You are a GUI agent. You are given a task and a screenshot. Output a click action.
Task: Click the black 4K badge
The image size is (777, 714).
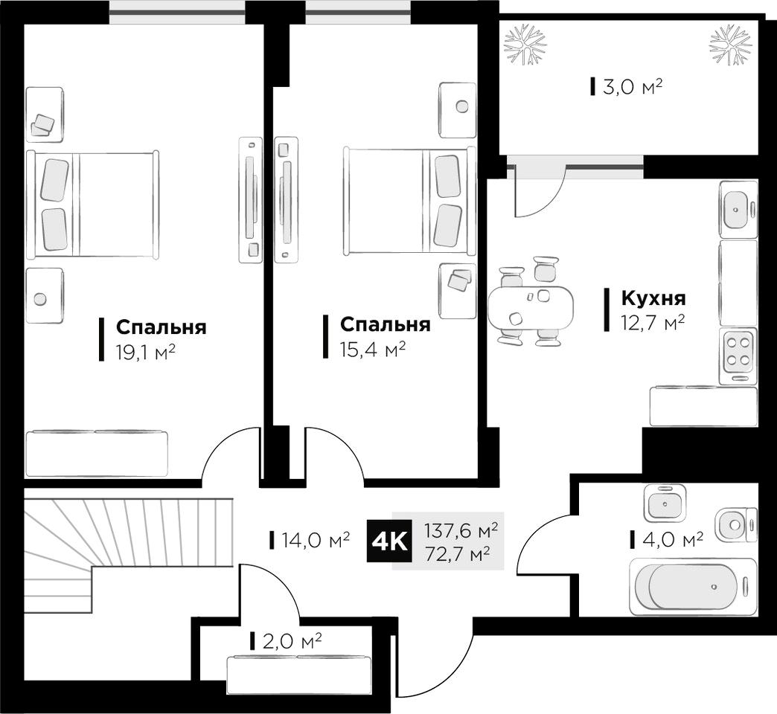pyautogui.click(x=389, y=542)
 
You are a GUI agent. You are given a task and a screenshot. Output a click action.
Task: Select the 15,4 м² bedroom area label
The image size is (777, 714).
pyautogui.click(x=373, y=350)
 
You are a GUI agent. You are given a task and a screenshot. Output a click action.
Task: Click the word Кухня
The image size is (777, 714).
pyautogui.click(x=653, y=298)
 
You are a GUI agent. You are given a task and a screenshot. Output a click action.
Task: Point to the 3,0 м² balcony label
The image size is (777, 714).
pyautogui.click(x=633, y=87)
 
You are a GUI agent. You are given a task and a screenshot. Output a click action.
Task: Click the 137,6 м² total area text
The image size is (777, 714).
pyautogui.click(x=461, y=531)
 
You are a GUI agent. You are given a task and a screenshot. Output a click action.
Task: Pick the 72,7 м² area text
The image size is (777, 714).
pyautogui.click(x=458, y=553)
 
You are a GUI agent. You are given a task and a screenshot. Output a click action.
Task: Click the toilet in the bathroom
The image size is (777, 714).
pyautogui.click(x=735, y=525)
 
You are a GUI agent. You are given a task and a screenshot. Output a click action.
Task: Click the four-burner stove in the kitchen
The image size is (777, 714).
pyautogui.click(x=738, y=356)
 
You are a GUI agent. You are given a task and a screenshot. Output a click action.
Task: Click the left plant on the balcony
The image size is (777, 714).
pyautogui.click(x=525, y=44)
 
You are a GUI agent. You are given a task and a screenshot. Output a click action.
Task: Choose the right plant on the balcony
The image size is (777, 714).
pyautogui.click(x=730, y=45)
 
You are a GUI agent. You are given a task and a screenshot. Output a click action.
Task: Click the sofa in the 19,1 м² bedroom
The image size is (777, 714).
pyautogui.click(x=97, y=454)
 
